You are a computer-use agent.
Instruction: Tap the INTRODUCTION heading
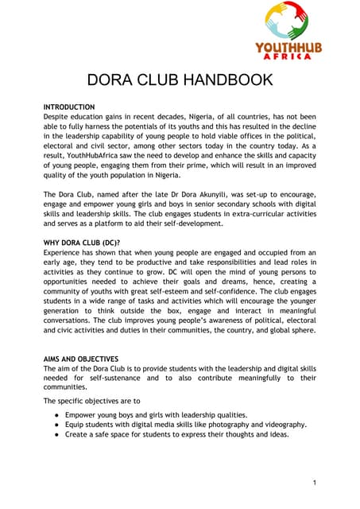click(x=69, y=107)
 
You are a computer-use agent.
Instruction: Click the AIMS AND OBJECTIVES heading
click(x=80, y=359)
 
